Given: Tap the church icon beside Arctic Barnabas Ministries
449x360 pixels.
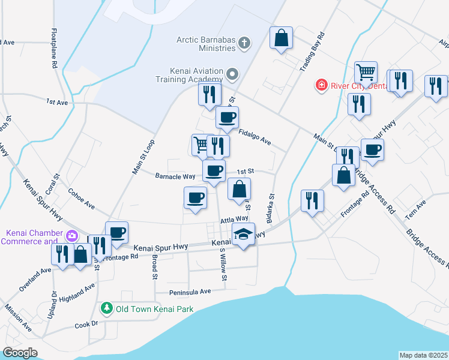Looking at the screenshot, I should pyautogui.click(x=244, y=43).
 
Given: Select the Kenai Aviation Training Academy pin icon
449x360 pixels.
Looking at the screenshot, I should pyautogui.click(x=232, y=74).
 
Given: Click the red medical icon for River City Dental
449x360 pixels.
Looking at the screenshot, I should pyautogui.click(x=322, y=85).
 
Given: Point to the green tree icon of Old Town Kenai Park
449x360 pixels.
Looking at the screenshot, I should pyautogui.click(x=106, y=308).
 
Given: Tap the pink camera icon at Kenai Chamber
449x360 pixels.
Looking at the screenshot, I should pyautogui.click(x=73, y=236).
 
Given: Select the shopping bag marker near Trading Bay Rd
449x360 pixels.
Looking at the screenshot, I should pyautogui.click(x=281, y=38).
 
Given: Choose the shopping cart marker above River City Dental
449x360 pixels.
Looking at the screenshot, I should pyautogui.click(x=366, y=73).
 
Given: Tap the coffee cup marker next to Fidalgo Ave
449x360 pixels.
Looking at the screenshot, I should pyautogui.click(x=227, y=118).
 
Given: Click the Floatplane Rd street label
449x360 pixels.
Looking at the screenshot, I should pyautogui.click(x=55, y=47).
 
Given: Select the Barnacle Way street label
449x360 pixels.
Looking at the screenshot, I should pyautogui.click(x=175, y=176).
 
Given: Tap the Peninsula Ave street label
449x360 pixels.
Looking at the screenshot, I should pyautogui.click(x=189, y=291).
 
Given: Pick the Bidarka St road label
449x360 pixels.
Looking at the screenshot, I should pyautogui.click(x=271, y=208).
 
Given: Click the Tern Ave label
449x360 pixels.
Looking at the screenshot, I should pyautogui.click(x=415, y=209).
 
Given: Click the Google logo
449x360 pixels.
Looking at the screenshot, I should pyautogui.click(x=20, y=352).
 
